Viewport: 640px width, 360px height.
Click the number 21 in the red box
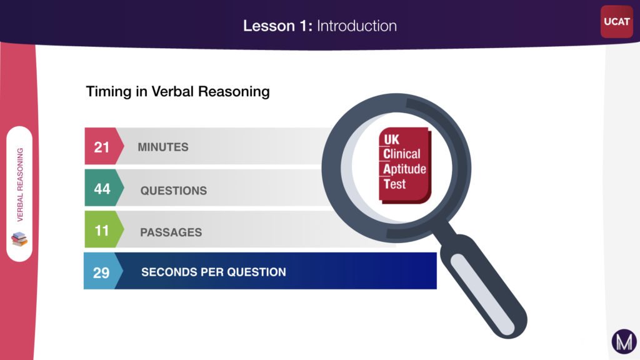click(101, 147)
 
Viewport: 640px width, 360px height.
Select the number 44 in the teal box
click(102, 188)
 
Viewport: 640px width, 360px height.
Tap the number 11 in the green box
click(101, 231)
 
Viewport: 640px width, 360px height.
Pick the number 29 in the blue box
click(101, 272)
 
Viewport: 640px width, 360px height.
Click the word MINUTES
click(162, 147)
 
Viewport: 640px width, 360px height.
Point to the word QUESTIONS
click(173, 190)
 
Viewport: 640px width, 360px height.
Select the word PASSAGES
click(171, 232)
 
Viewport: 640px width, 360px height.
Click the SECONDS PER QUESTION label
click(213, 272)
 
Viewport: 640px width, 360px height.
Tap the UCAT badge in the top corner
click(617, 22)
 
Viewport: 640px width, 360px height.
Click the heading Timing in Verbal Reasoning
click(177, 91)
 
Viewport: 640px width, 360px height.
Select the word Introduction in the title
click(356, 26)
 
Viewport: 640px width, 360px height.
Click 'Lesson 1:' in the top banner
click(277, 26)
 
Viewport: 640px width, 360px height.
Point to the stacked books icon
click(20, 239)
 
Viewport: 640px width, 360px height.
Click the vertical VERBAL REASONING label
click(20, 184)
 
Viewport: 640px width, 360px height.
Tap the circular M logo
click(623, 342)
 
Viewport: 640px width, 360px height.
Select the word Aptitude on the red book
click(404, 169)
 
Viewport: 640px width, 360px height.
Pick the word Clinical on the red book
click(402, 154)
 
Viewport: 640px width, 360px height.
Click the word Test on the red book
click(394, 184)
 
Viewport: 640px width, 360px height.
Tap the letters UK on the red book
click(391, 139)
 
